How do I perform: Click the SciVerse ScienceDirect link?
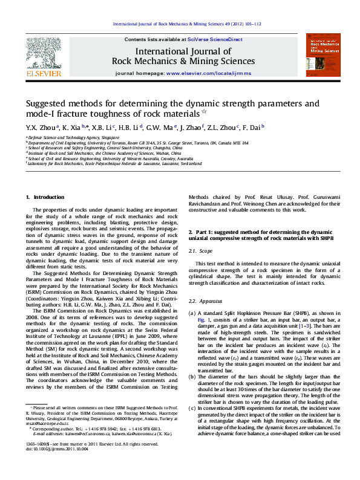(x=215, y=39)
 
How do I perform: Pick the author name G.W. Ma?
(x=159, y=128)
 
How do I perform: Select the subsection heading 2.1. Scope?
(x=201, y=250)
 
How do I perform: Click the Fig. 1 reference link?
(x=202, y=318)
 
